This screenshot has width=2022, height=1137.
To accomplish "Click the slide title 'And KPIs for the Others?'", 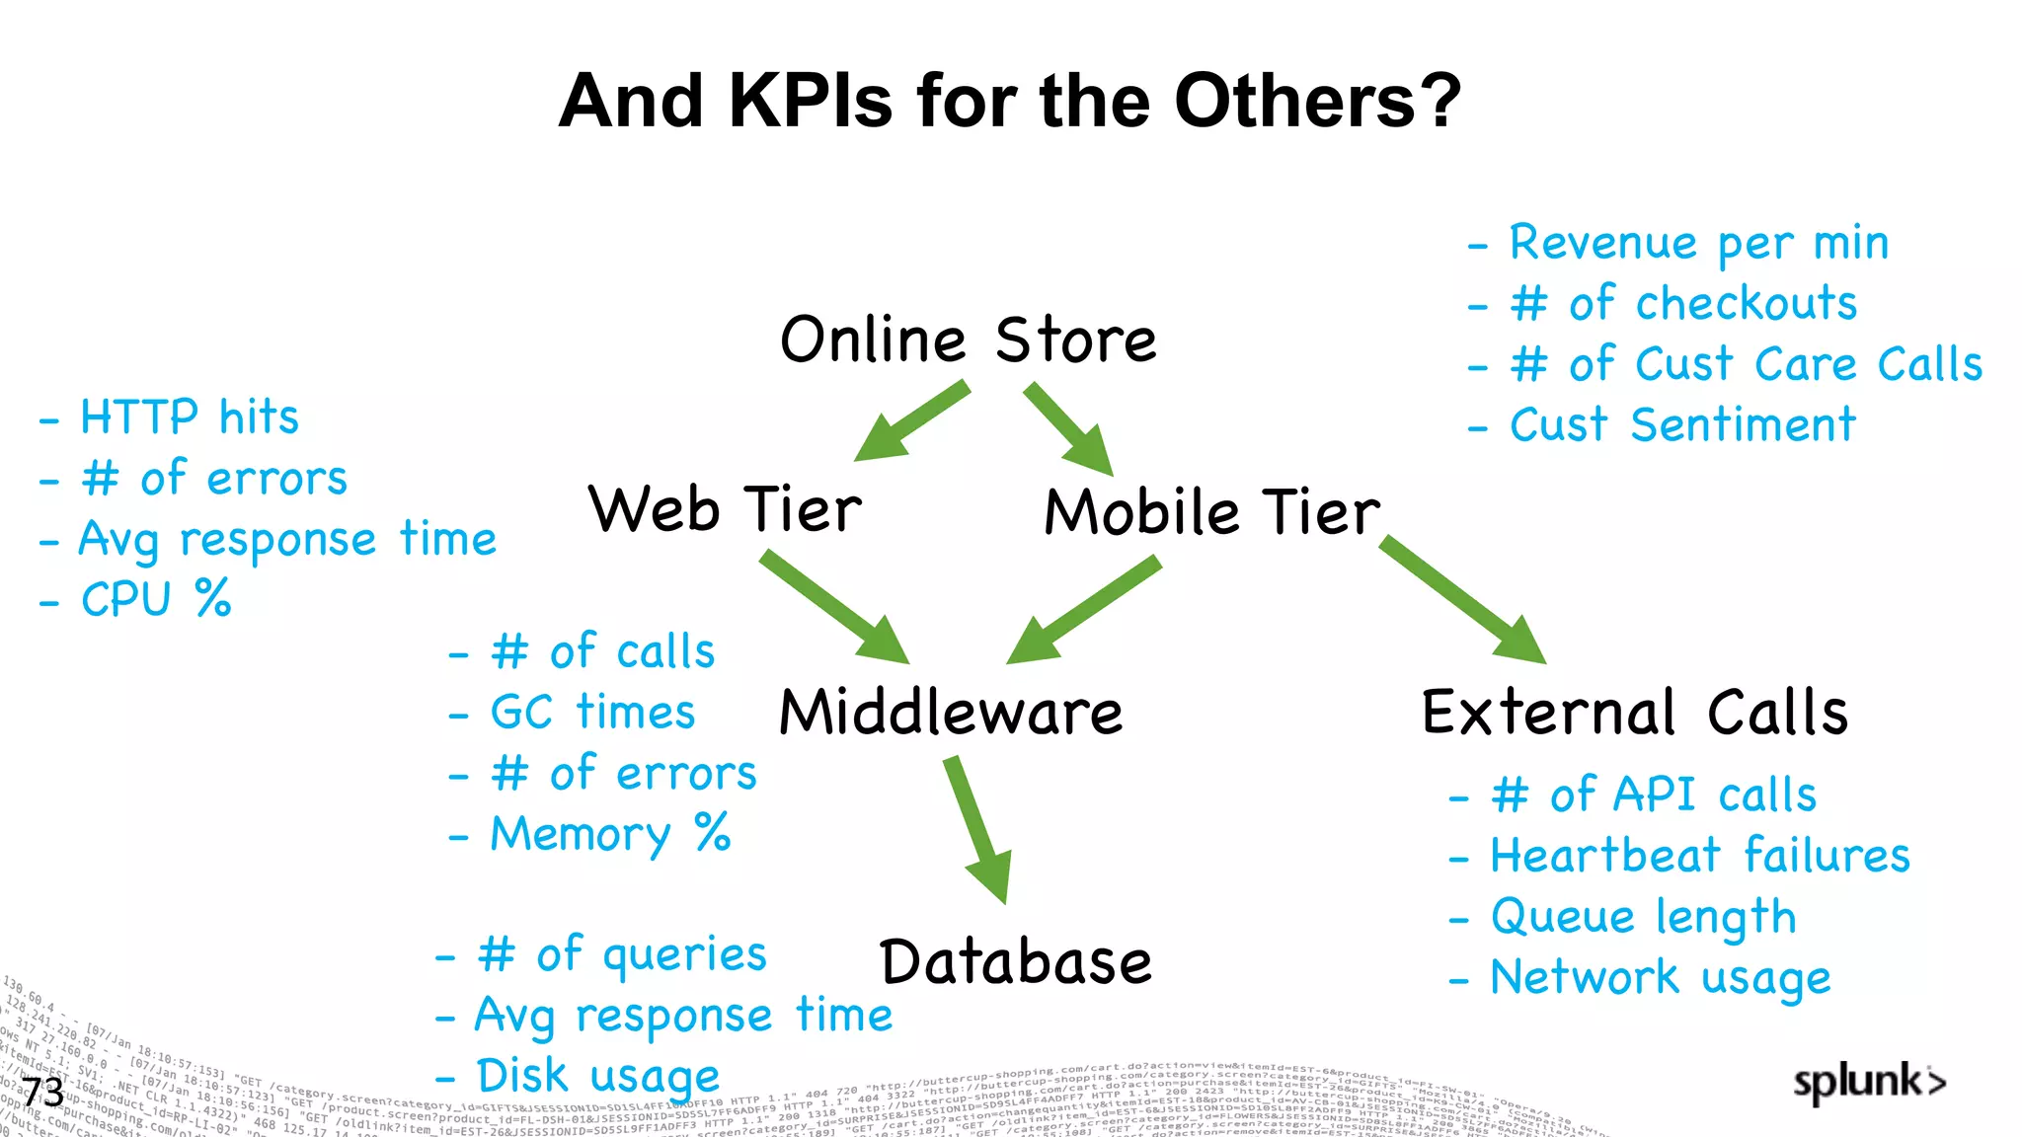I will point(1009,101).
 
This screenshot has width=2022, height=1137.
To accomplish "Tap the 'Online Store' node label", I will point(968,341).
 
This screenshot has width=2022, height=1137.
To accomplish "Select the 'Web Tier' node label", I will point(725,510).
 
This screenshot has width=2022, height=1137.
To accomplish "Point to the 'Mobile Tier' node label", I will point(1211,513).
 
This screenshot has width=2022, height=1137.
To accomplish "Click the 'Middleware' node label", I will point(950,713).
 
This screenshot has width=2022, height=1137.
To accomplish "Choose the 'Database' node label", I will point(1015,962).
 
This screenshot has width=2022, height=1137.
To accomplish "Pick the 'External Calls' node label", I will point(1634,713).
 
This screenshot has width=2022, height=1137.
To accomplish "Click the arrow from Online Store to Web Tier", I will point(910,422).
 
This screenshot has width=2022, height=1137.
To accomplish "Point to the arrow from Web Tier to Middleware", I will point(834,607).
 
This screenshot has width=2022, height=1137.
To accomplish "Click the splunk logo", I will point(1869,1083).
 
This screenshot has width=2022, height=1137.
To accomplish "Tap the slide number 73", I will point(43,1093).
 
